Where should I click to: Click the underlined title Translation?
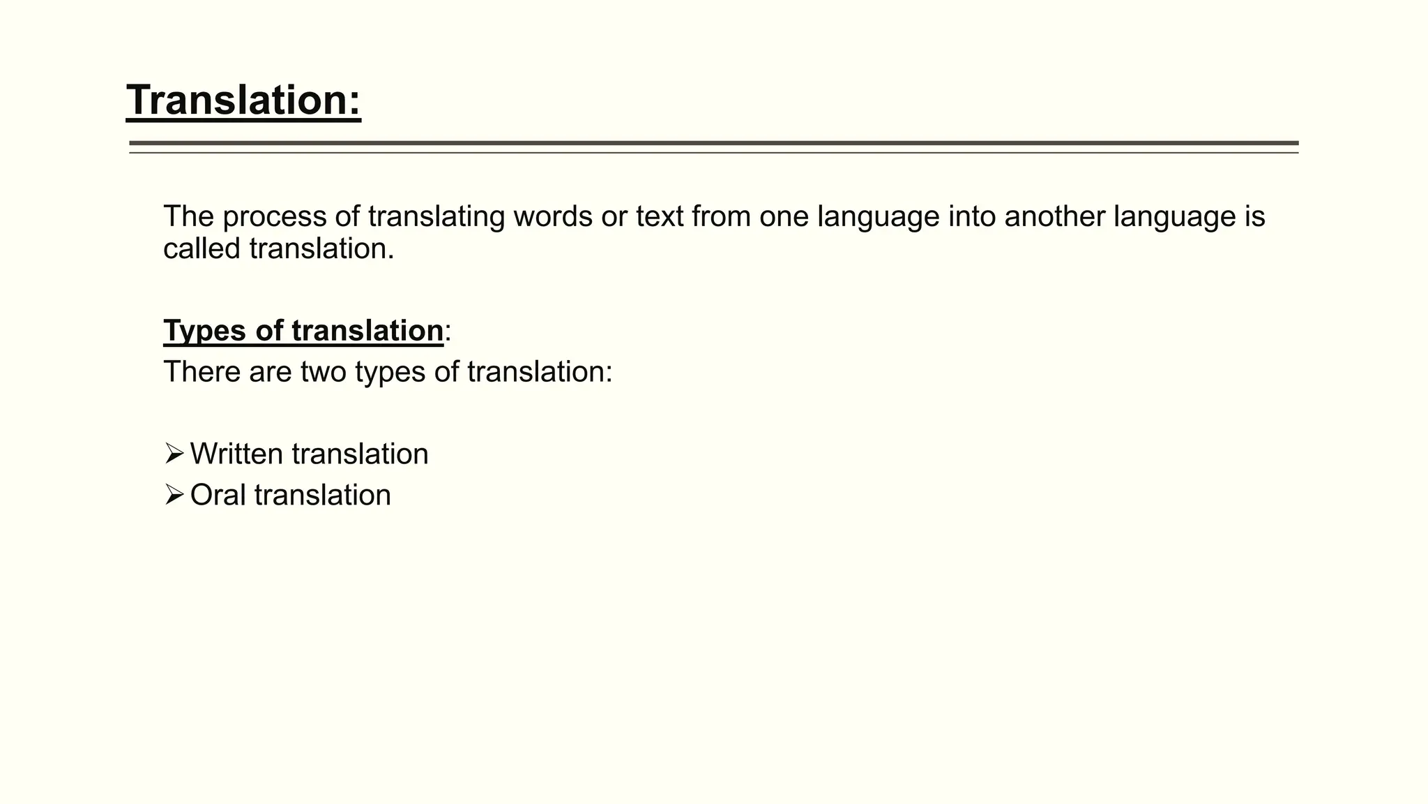[243, 100]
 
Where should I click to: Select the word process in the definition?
[274, 217]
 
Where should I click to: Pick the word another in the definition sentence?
[1054, 217]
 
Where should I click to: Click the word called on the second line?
[202, 249]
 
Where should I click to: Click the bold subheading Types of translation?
[303, 331]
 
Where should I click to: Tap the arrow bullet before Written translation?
[174, 454]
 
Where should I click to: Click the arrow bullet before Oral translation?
[174, 495]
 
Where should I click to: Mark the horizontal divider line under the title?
[713, 144]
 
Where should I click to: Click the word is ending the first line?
[1254, 217]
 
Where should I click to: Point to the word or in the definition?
[614, 217]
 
